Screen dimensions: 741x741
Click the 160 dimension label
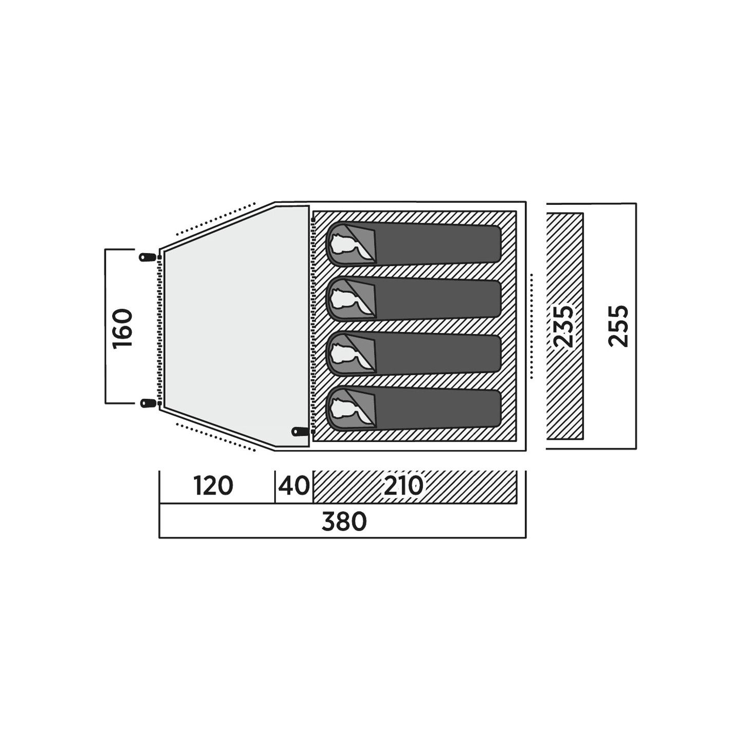pos(122,328)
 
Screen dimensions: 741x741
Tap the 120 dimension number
pos(213,485)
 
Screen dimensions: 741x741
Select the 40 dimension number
pos(294,485)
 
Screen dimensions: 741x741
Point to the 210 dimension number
pos(403,485)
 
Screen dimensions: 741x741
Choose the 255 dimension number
pos(618,326)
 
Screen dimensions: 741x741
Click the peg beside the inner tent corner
pos(300,431)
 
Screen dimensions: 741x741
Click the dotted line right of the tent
pos(532,326)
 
